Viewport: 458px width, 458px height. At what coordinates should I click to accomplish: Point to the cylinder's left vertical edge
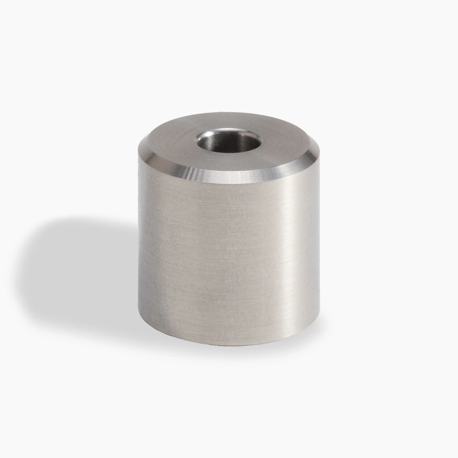coord(139,238)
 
